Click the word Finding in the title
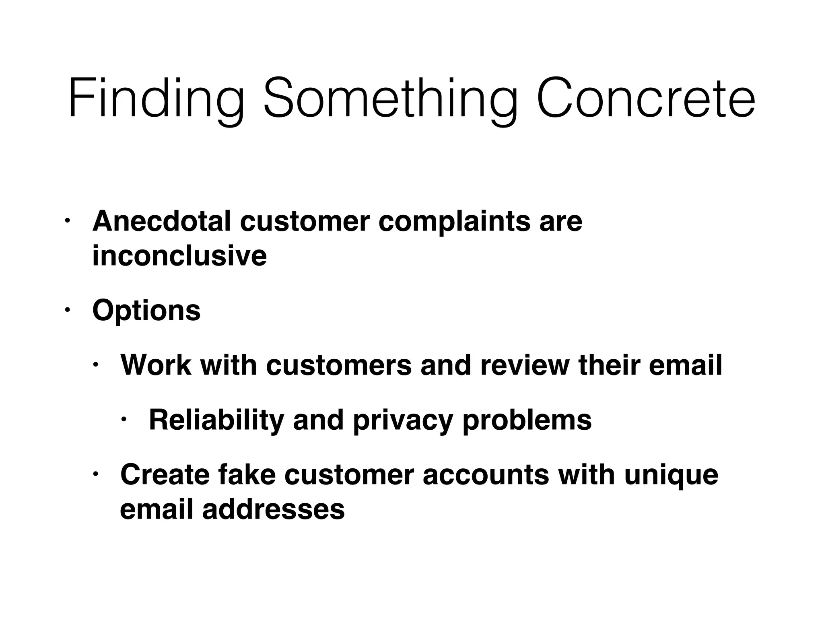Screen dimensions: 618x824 click(156, 99)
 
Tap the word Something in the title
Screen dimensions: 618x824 click(390, 99)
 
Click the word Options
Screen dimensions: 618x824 click(146, 311)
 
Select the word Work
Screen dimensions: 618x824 click(156, 365)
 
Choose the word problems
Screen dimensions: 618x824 click(527, 420)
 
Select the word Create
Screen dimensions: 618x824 click(165, 474)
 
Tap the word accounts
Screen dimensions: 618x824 click(486, 474)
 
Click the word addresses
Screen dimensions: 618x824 click(273, 509)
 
